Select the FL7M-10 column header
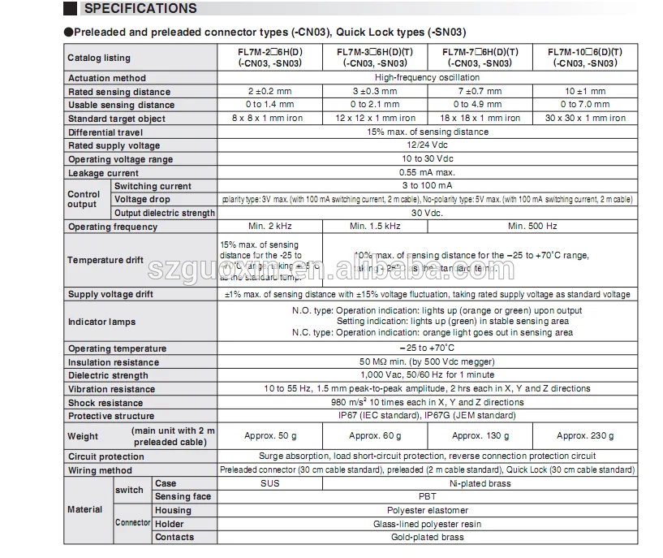585,57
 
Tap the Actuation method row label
107,78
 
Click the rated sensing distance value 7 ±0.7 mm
480,92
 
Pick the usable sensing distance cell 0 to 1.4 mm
269,105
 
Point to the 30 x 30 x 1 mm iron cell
585,119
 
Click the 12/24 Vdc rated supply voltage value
427,145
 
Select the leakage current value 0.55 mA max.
427,172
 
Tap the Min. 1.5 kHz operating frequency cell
375,227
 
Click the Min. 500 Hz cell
532,227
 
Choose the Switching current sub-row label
153,186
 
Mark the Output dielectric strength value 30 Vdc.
427,213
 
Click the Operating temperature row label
117,348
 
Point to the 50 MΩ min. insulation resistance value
427,362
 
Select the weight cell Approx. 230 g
585,436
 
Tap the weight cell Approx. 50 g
270,436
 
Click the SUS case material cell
270,483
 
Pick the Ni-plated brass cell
480,483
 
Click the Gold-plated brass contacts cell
427,537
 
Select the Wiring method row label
100,470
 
